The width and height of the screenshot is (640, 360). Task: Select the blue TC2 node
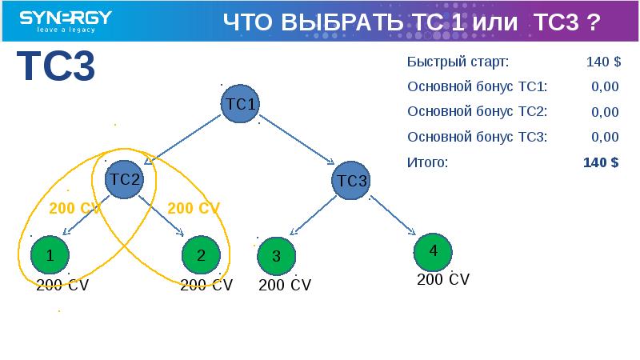point(124,179)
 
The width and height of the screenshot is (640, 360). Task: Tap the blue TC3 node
point(350,181)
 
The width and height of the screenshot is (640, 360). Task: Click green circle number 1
point(50,256)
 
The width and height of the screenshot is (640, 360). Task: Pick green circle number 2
point(200,256)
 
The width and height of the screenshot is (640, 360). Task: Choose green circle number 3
point(276,257)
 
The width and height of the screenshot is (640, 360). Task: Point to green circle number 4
point(433,251)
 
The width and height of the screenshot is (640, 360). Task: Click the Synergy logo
point(66,22)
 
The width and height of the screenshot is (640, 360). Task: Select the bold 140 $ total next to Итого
point(601,162)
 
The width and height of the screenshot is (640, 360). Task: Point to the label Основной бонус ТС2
point(477,112)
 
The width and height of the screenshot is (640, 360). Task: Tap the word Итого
point(427,162)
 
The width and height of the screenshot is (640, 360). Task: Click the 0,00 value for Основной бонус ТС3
point(605,137)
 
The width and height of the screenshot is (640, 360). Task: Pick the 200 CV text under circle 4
point(443,280)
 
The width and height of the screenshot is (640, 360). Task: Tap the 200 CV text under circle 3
point(285,285)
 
